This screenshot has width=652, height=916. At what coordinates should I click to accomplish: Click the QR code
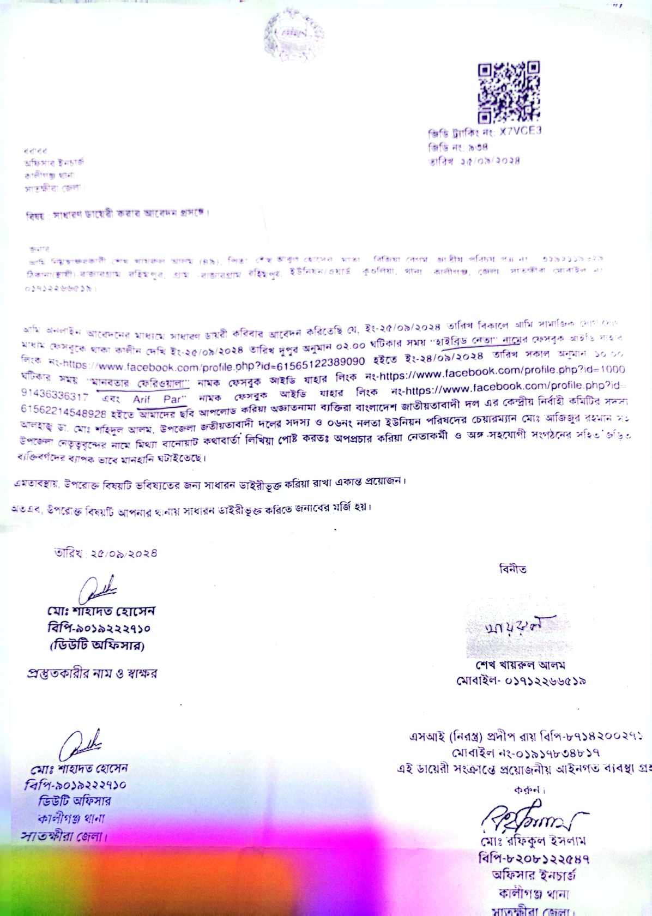[509, 92]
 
